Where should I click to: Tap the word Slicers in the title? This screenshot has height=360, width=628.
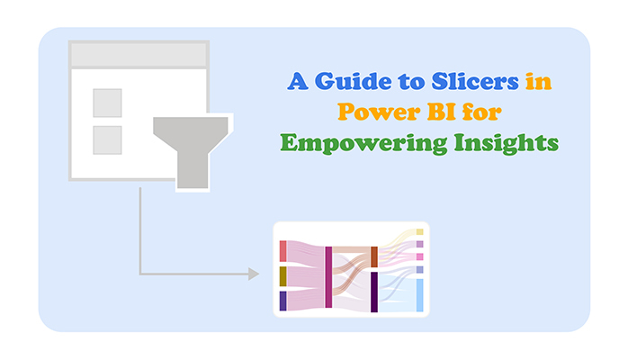pyautogui.click(x=475, y=81)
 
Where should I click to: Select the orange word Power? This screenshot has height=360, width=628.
pyautogui.click(x=378, y=112)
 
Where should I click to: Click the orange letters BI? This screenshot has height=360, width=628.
pyautogui.click(x=442, y=112)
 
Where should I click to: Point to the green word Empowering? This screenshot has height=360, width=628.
pyautogui.click(x=363, y=143)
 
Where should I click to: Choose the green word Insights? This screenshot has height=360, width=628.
pyautogui.click(x=507, y=143)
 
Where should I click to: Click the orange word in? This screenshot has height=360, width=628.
pyautogui.click(x=539, y=81)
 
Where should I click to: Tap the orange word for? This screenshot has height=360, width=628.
pyautogui.click(x=482, y=112)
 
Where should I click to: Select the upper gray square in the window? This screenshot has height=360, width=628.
pyautogui.click(x=107, y=103)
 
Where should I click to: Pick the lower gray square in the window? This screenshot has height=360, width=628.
pyautogui.click(x=107, y=140)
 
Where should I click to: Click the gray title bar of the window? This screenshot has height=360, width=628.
pyautogui.click(x=139, y=55)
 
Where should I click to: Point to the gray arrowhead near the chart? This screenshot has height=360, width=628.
pyautogui.click(x=254, y=274)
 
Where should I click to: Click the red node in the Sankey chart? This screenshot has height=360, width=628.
pyautogui.click(x=283, y=251)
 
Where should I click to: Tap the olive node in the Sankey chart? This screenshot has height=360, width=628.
pyautogui.click(x=283, y=276)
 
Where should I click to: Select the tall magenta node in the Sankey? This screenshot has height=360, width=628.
pyautogui.click(x=328, y=277)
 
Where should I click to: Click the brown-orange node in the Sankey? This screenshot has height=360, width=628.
pyautogui.click(x=374, y=257)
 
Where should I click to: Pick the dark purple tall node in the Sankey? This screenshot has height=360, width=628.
pyautogui.click(x=374, y=292)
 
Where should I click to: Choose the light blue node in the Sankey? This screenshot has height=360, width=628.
pyautogui.click(x=420, y=295)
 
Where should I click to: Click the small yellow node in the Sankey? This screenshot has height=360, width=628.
pyautogui.click(x=420, y=232)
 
